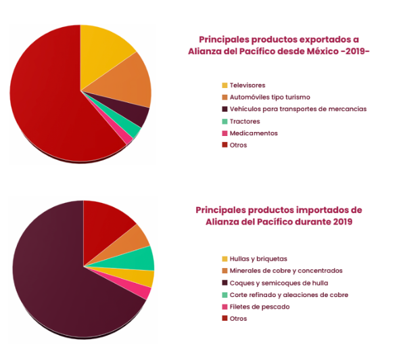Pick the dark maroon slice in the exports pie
[x=135, y=112]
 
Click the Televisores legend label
[x=247, y=85]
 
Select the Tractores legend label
[x=245, y=121]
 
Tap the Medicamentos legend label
[x=254, y=133]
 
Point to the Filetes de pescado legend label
[x=260, y=307]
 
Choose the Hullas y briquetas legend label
[x=258, y=259]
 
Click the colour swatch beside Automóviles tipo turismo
[x=225, y=97]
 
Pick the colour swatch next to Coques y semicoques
[x=225, y=283]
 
